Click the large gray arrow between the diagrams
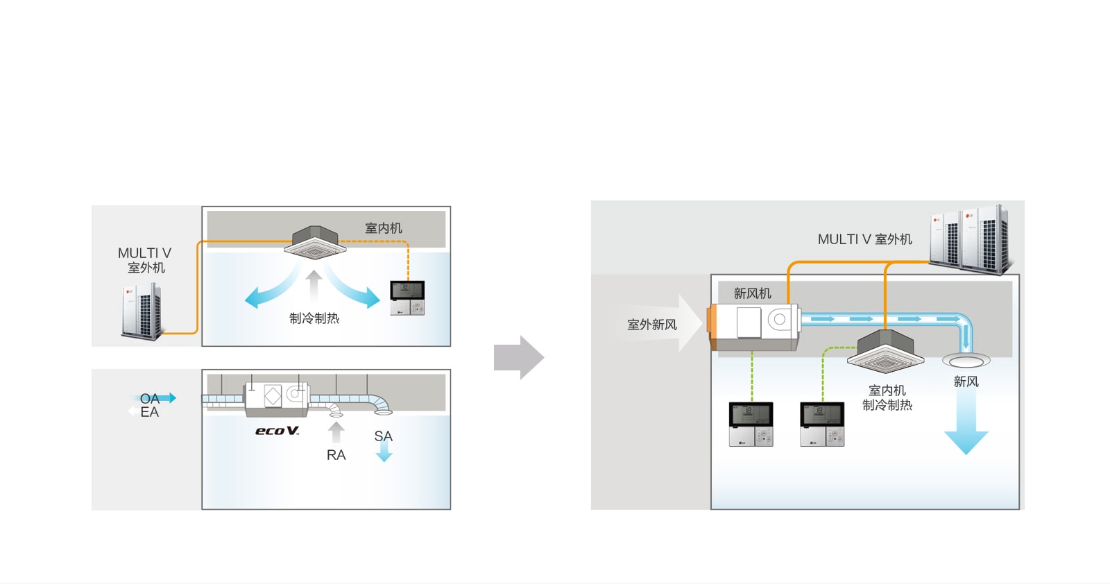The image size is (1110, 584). point(518,358)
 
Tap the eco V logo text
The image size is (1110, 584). point(277,431)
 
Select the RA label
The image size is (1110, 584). point(336,455)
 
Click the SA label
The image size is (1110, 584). point(383,436)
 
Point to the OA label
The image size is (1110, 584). point(149,398)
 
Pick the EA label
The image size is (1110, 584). point(149,412)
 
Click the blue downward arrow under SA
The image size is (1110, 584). point(384,454)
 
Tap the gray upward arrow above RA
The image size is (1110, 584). point(336,432)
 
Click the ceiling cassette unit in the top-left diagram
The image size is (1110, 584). point(315,242)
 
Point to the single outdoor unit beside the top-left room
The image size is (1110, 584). point(142,312)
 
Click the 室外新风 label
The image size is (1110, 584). point(651,325)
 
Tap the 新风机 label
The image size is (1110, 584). point(752,293)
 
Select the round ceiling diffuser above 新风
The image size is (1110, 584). point(966,361)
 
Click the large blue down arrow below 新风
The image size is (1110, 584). point(966,423)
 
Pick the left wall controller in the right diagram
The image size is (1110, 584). point(751,424)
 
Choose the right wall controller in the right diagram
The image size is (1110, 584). point(822,424)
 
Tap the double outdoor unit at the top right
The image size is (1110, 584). point(971,239)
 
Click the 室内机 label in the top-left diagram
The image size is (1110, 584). point(383,228)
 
